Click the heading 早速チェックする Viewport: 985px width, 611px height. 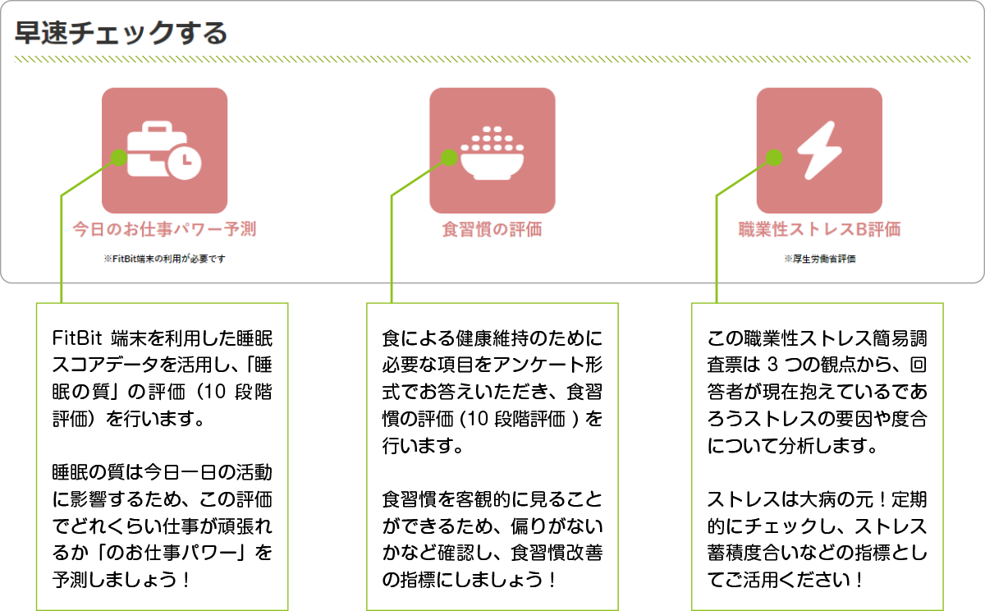pos(121,34)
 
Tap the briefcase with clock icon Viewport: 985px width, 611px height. pos(164,150)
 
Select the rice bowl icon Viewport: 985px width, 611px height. pos(492,153)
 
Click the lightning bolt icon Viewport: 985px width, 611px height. pos(818,150)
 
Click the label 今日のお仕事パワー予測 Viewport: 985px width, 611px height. pos(164,229)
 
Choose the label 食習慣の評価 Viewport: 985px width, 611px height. pos(492,229)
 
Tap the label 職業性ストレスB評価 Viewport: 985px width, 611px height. pos(818,229)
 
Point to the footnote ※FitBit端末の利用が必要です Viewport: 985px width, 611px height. pos(164,259)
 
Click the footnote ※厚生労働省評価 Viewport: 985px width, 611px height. pos(819,259)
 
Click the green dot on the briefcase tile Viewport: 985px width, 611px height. pos(119,157)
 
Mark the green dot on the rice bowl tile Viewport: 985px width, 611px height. pos(449,157)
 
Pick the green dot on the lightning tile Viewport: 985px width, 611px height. pos(774,157)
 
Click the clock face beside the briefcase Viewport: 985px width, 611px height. pos(185,162)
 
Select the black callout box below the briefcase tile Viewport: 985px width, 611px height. pos(163,456)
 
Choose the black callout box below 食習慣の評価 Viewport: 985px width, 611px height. pos(492,456)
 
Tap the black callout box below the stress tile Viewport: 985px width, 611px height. pos(818,456)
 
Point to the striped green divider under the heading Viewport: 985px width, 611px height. pos(492,59)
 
